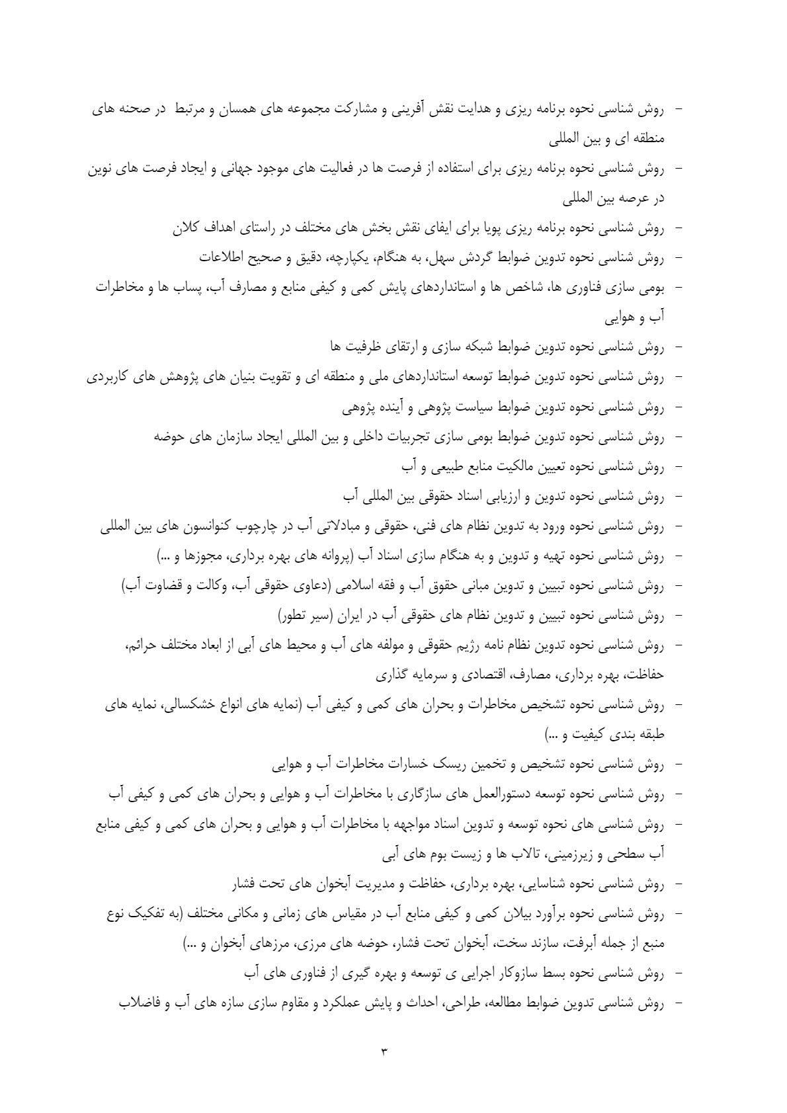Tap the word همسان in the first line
click(236, 112)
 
